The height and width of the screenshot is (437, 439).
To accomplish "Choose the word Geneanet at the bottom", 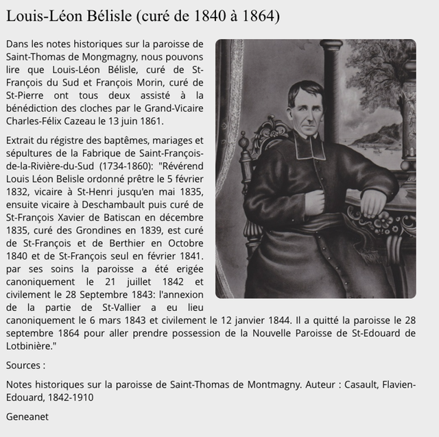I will pyautogui.click(x=27, y=416).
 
